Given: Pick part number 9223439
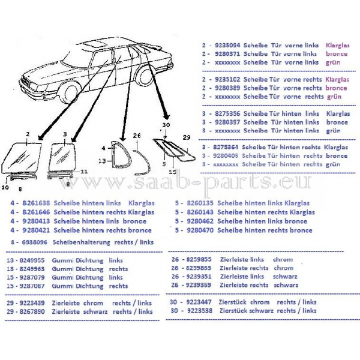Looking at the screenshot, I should (x=37, y=302).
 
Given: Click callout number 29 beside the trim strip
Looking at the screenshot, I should (x=186, y=137).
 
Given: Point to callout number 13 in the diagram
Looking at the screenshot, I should (x=102, y=161).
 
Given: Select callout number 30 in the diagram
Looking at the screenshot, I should (x=166, y=124).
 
